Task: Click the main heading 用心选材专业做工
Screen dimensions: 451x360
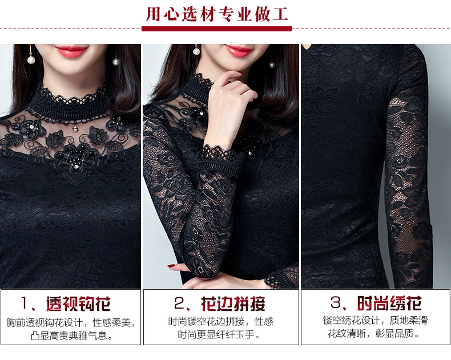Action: coord(217,14)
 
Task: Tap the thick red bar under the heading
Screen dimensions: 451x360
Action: coord(216,29)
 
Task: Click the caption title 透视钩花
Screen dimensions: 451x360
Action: coord(79,304)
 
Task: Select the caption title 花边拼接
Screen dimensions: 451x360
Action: coord(233,304)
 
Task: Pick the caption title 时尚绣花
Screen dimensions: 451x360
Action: coord(389,303)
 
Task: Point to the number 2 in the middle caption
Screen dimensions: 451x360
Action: coord(179,303)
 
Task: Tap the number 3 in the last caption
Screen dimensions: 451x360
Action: coord(335,302)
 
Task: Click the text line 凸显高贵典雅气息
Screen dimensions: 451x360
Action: coord(71,335)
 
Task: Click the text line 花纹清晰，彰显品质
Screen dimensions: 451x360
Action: coord(373,334)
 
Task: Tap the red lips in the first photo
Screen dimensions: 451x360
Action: coord(71,51)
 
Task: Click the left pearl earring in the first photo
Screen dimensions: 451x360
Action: coord(31,59)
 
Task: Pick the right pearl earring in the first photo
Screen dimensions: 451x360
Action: coord(116,61)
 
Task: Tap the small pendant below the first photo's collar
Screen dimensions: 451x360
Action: coord(75,128)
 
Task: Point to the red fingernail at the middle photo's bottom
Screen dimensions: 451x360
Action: coord(171,266)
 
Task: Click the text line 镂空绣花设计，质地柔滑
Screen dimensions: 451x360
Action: coord(375,320)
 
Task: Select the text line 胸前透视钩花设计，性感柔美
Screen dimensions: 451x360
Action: coord(71,322)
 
